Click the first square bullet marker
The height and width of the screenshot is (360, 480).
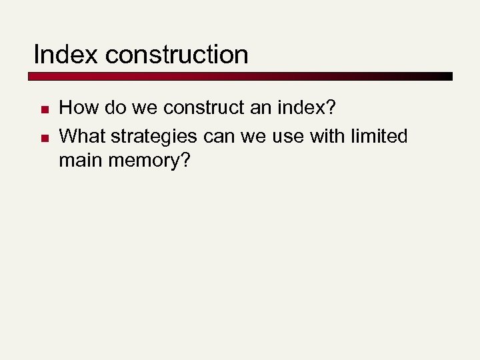[41, 109]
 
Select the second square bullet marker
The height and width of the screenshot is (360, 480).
[41, 138]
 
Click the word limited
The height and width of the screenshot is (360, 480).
[377, 136]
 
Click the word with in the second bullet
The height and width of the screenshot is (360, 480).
[323, 136]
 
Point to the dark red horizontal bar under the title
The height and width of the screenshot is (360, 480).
[240, 77]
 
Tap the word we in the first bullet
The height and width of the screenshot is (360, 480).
[140, 108]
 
